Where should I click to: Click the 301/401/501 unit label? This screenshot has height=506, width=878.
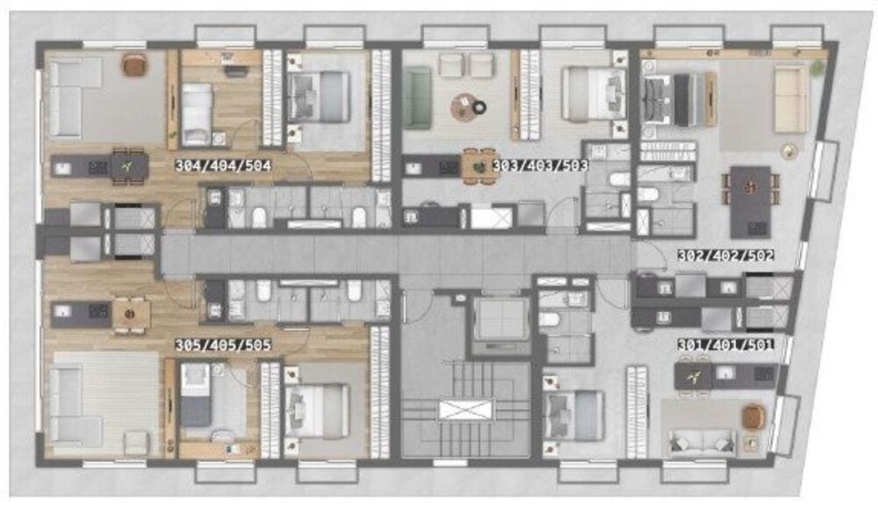click(724, 346)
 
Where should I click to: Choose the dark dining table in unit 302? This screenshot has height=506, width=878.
click(750, 201)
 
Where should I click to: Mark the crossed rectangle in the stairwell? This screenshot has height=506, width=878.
click(466, 410)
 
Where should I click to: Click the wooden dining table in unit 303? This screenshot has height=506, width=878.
click(479, 165)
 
